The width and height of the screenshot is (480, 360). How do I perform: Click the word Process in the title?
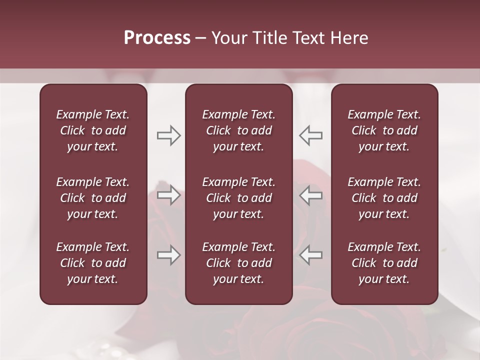pos(157,38)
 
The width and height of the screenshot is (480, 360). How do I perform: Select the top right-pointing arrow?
pos(168,135)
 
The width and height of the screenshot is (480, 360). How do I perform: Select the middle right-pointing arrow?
pos(168,195)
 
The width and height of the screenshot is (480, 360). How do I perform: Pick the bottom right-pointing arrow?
pos(168,255)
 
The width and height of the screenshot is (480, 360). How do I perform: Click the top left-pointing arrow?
pos(311,135)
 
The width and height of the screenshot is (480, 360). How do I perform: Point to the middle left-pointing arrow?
pos(311,195)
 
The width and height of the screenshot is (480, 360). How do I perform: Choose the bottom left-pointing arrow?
pos(311,255)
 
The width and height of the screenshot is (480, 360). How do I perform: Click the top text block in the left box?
pos(93,130)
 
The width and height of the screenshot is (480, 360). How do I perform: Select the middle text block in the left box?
pos(93,198)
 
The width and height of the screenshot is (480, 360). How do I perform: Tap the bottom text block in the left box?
pos(93,263)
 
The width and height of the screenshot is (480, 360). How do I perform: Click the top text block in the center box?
pos(238,130)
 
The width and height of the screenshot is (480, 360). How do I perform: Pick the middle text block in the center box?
pos(238,198)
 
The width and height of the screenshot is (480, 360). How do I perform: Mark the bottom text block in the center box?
pos(238,263)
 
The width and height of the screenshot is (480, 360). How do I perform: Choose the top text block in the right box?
pos(384,130)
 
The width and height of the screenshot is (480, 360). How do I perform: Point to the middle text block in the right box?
pos(384,198)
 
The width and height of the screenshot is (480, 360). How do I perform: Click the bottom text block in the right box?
pos(384,263)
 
